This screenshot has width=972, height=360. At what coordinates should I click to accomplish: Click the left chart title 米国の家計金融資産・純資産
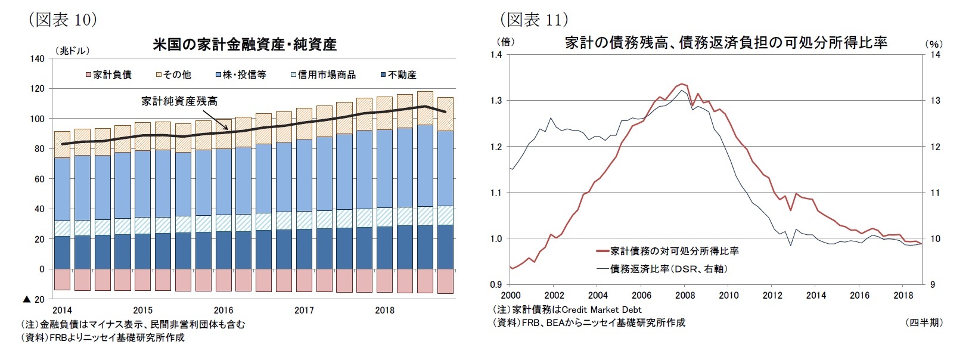coord(244,44)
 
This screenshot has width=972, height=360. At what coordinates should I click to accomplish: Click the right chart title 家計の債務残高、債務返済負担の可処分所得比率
coord(726,42)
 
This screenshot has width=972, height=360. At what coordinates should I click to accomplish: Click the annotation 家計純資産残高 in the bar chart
coord(179,101)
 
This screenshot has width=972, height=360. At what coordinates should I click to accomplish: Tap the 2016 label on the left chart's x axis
coord(223,310)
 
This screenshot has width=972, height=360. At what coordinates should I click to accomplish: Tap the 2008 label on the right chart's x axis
coord(685,295)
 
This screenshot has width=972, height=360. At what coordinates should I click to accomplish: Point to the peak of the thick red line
coord(681,84)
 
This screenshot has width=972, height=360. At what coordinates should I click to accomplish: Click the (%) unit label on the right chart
coord(934,44)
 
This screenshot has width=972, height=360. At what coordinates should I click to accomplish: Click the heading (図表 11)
coord(533,20)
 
